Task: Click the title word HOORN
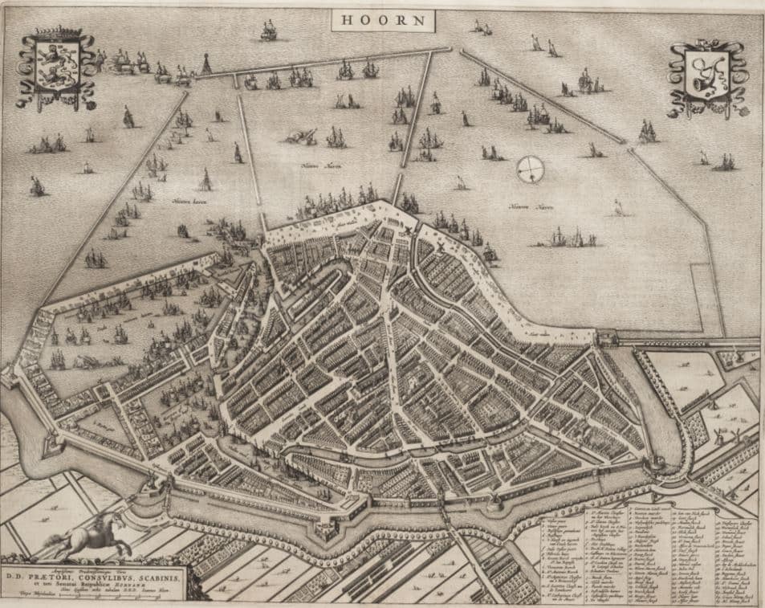(x=383, y=20)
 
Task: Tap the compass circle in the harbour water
(x=530, y=169)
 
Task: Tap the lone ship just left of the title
(x=268, y=31)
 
